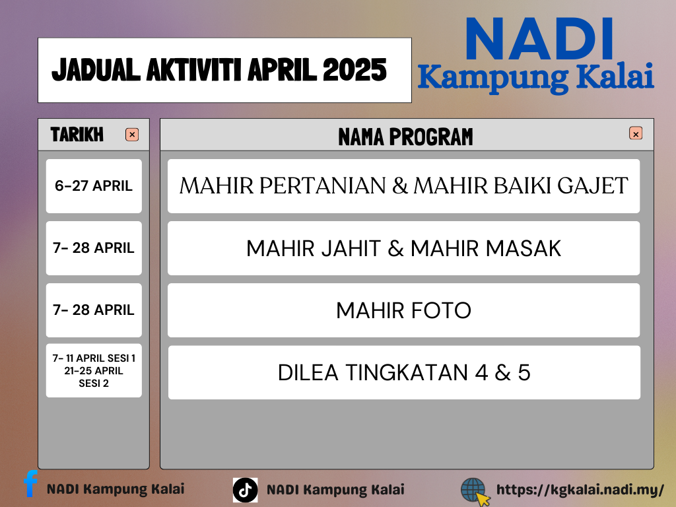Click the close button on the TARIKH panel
(132, 135)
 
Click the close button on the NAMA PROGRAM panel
(636, 133)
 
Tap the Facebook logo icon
(30, 483)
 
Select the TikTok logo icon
(246, 490)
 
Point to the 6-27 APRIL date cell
(94, 186)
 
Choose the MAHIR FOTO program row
(403, 310)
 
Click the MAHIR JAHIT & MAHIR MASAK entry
(403, 248)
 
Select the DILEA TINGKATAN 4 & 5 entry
(404, 372)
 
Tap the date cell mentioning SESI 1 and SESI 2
(94, 370)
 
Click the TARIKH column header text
(77, 135)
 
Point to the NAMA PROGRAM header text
(406, 137)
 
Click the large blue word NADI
(539, 39)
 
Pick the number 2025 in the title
(355, 70)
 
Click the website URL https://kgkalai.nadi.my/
(580, 490)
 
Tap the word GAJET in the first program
(593, 186)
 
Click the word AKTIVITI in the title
(195, 70)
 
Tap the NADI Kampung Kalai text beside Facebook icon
(116, 489)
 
